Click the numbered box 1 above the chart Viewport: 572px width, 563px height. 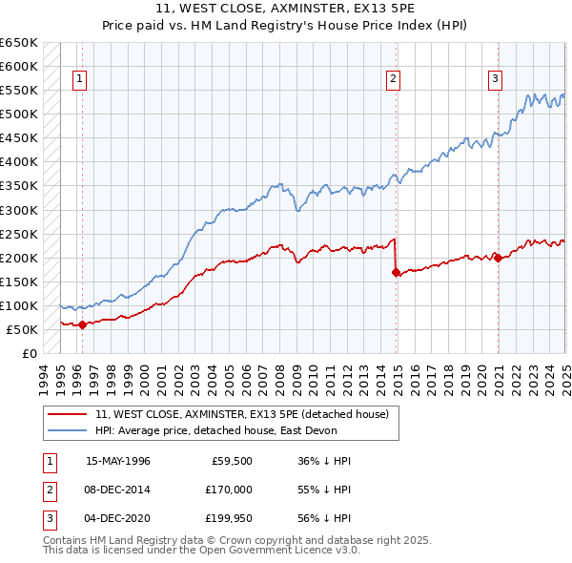(x=79, y=80)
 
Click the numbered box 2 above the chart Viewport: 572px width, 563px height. (x=393, y=80)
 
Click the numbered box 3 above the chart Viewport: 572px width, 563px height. (x=496, y=80)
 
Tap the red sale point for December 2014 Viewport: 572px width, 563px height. (x=395, y=272)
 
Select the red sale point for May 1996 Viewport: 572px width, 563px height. (x=82, y=324)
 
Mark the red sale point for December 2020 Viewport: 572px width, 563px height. (x=497, y=258)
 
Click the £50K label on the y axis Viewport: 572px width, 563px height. (x=22, y=329)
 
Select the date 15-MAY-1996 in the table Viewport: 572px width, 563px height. (x=118, y=461)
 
